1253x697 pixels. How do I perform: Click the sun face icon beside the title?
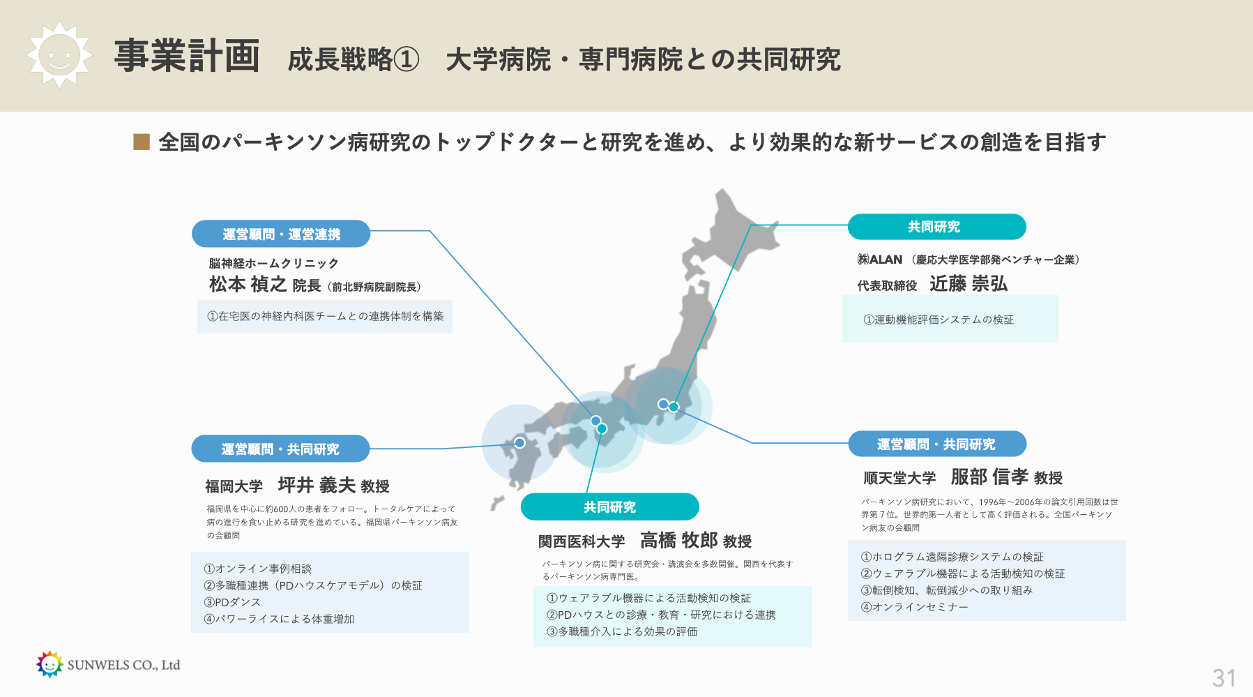tap(59, 54)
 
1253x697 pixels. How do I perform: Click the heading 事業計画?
tap(187, 56)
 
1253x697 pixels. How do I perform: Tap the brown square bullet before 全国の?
tap(142, 142)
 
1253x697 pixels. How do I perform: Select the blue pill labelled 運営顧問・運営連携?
tap(281, 234)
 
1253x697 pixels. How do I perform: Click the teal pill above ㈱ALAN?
tap(936, 227)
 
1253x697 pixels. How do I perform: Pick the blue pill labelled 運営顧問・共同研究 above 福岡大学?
tap(280, 449)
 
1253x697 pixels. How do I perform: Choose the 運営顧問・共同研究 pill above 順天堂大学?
tap(937, 444)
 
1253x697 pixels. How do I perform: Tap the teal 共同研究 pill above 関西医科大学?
tap(609, 507)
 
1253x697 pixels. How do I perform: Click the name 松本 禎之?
tap(248, 284)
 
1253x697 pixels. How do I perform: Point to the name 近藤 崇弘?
tap(969, 283)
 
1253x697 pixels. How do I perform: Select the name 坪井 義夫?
tap(317, 485)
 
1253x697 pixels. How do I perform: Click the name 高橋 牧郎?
tap(678, 540)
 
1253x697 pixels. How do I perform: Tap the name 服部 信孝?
tap(989, 477)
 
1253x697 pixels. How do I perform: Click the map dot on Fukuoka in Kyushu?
tap(519, 442)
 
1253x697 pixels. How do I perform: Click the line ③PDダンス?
tap(232, 602)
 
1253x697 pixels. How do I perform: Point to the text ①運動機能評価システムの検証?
tap(939, 320)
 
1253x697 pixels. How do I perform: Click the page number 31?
tap(1224, 678)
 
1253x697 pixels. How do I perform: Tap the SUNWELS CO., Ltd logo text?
tap(123, 665)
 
